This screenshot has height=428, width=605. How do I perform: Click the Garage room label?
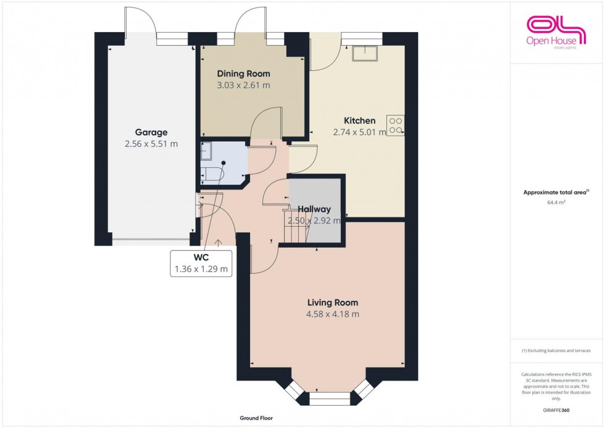point(151,132)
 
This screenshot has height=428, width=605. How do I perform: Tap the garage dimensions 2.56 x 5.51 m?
point(151,144)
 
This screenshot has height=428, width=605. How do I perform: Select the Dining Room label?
point(243,73)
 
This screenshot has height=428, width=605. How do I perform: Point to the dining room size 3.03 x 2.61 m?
point(243,85)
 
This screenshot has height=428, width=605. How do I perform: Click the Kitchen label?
point(359,120)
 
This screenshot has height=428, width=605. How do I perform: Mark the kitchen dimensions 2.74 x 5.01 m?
point(359,132)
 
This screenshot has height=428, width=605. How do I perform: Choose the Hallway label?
point(314,209)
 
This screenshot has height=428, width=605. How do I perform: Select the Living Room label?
point(333,303)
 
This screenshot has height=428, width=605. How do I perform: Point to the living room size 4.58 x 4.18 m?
point(333,314)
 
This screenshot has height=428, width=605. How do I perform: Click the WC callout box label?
point(201,258)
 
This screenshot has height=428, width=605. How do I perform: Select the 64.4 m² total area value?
point(557,201)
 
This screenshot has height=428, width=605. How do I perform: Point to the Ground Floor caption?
point(256,418)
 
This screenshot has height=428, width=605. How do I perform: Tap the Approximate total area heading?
point(556,192)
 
